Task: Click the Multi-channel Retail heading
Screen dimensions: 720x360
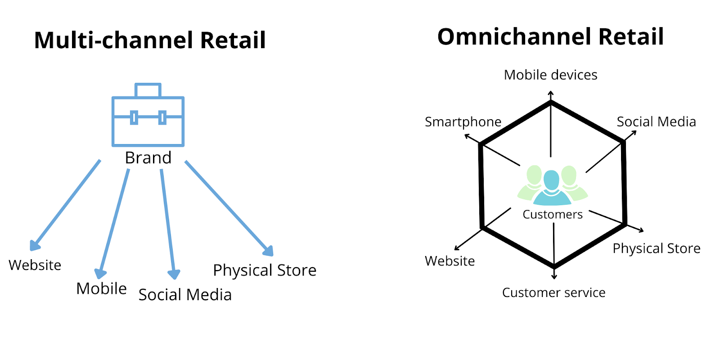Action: [150, 40]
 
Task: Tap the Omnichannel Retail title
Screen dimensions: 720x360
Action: [551, 36]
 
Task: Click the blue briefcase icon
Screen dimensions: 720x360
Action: [148, 115]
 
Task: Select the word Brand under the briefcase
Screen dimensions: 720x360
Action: [148, 158]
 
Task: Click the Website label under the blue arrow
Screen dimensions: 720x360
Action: [35, 265]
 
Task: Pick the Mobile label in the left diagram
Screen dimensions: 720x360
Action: [101, 288]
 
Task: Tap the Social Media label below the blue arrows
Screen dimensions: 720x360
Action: [185, 295]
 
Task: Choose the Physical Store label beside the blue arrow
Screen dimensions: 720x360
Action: [265, 270]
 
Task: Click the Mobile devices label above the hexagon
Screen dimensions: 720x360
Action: [551, 75]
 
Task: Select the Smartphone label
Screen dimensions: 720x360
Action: [463, 122]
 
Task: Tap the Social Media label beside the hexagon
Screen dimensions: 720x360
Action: [657, 122]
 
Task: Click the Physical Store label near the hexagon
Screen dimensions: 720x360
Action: [657, 248]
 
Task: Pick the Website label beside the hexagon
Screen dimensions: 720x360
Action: [450, 261]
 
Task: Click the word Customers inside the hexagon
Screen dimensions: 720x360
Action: [553, 214]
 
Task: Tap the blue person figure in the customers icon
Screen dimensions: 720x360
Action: [552, 189]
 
